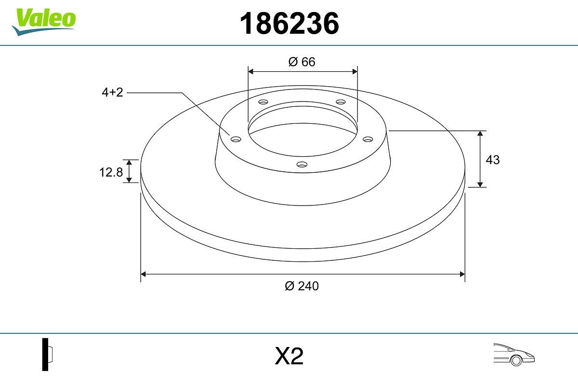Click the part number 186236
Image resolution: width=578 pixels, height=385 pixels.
[x=289, y=24]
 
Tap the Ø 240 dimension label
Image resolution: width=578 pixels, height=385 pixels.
[x=302, y=286]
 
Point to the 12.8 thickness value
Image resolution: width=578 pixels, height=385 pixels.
[x=111, y=172]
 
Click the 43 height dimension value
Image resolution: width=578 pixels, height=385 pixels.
[x=493, y=160]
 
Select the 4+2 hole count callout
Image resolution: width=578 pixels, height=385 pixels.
[x=112, y=92]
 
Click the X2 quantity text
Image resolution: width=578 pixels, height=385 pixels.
[x=289, y=357]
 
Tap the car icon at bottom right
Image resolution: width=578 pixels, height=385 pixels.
[x=514, y=355]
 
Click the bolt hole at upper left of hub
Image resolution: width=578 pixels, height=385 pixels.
[x=263, y=102]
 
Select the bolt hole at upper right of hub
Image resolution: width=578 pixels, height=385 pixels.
[x=341, y=102]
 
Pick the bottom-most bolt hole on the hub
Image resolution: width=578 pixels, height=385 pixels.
[x=302, y=165]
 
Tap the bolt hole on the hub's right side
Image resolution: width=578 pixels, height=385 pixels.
[x=368, y=139]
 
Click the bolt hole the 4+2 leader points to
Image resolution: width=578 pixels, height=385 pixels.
[x=236, y=139]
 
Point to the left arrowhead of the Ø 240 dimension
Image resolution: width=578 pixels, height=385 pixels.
[x=143, y=274]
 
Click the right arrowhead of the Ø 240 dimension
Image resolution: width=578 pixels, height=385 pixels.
[x=462, y=274]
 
